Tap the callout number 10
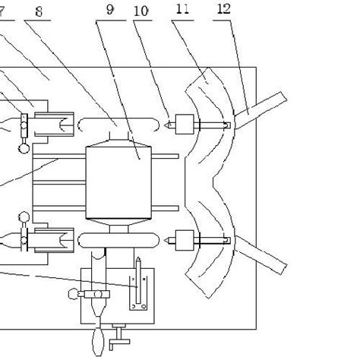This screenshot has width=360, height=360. tap(141, 13)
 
